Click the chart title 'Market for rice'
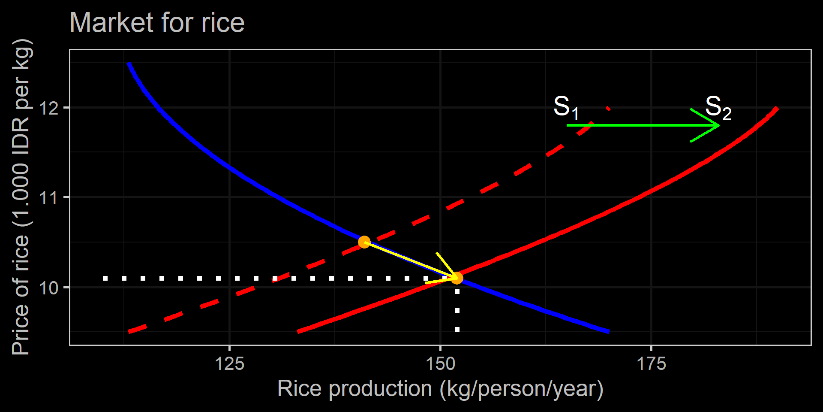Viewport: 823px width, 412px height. (x=157, y=22)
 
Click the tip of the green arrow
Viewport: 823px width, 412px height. (x=719, y=125)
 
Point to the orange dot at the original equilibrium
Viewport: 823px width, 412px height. (x=364, y=242)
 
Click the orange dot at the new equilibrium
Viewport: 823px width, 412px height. (x=457, y=278)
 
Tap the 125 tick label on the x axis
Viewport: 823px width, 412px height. (x=229, y=364)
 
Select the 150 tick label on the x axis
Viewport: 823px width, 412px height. (x=440, y=364)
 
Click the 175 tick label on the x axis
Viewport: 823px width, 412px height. (x=651, y=364)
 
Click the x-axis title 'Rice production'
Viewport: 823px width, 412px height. (x=440, y=389)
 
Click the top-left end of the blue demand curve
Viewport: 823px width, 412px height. (x=129, y=64)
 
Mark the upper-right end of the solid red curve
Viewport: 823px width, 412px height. (x=777, y=108)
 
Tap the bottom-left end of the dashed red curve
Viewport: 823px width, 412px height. (x=129, y=332)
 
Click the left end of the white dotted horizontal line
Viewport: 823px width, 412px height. (x=105, y=279)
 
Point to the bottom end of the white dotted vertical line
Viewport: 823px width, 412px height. (x=457, y=330)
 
